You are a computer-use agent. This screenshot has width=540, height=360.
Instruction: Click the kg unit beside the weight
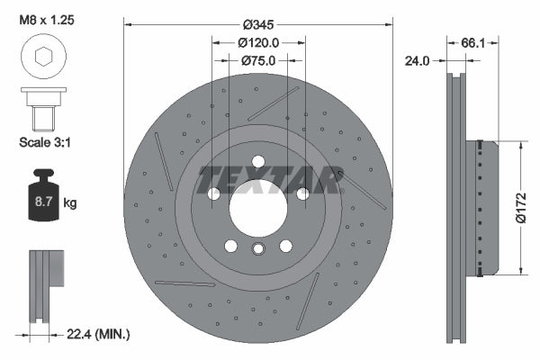tap(70, 203)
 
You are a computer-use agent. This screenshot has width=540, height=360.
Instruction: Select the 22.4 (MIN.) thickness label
tap(99, 334)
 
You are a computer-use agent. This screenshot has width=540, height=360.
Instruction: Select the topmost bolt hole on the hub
tap(258, 161)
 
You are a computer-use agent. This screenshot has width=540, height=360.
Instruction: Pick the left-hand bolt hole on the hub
tap(214, 193)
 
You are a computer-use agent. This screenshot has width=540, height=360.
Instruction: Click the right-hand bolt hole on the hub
tap(302, 193)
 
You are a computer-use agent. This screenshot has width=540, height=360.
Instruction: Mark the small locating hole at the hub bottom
tap(258, 250)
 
